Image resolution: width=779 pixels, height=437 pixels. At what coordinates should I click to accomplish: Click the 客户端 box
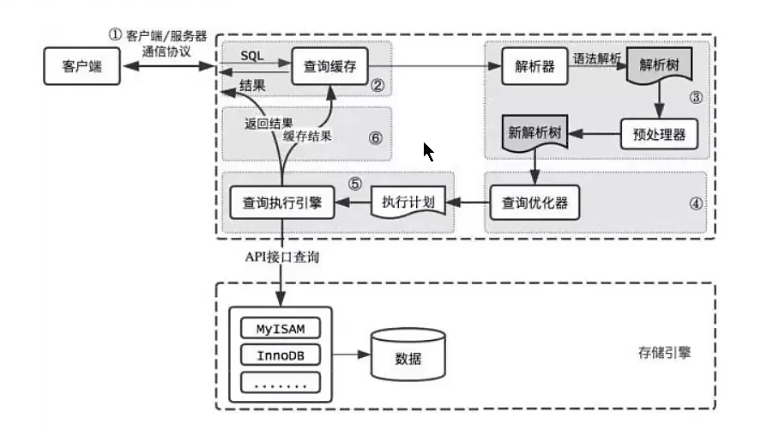tap(82, 66)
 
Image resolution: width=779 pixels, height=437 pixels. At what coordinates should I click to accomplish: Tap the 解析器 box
tap(534, 66)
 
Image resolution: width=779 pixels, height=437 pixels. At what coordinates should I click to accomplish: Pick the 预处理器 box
tap(659, 134)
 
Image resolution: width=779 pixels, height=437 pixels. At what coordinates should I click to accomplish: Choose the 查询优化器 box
tap(534, 203)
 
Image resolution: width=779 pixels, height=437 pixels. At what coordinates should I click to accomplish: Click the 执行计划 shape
tap(409, 203)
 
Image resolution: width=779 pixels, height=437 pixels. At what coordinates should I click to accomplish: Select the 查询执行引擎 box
tap(281, 203)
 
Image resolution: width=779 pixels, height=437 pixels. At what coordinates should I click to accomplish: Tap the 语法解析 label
tap(598, 57)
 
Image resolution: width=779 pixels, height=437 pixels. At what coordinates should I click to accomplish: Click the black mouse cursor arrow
tap(428, 152)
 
